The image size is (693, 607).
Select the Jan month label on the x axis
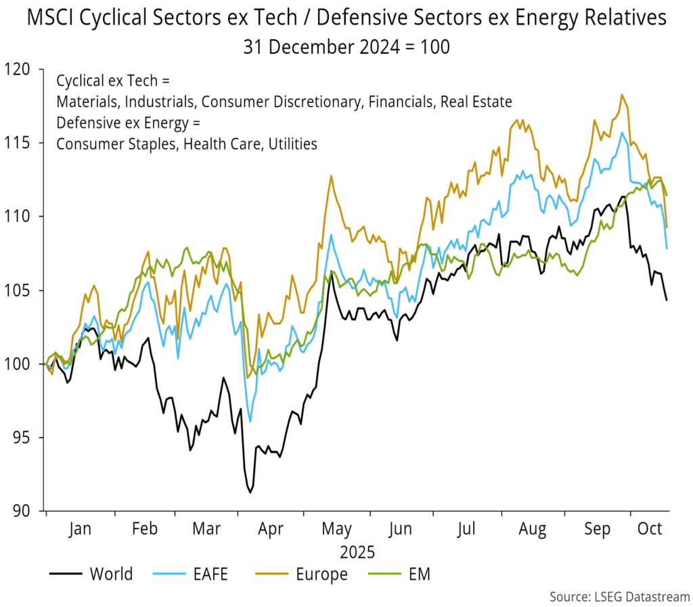coord(80,529)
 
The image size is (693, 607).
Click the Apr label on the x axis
coord(271,529)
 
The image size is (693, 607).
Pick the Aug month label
coord(533,529)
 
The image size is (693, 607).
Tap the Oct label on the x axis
coord(650,529)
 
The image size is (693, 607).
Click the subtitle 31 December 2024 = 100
coord(346,47)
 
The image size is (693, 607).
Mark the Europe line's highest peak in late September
coord(621,95)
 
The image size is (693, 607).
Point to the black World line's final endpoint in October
coord(667,300)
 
